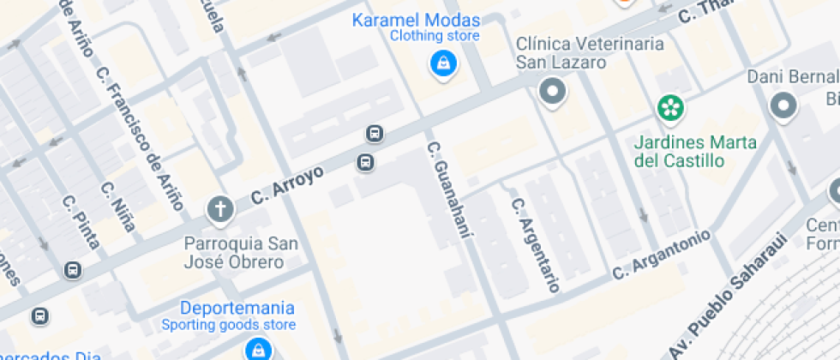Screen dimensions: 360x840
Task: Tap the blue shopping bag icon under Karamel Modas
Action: pyautogui.click(x=442, y=63)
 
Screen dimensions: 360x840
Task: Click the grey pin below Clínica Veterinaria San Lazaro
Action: pyautogui.click(x=552, y=92)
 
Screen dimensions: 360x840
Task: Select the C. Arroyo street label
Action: pyautogui.click(x=288, y=185)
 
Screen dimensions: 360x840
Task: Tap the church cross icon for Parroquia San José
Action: pyautogui.click(x=219, y=208)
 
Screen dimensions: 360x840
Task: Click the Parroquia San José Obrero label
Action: pyautogui.click(x=241, y=253)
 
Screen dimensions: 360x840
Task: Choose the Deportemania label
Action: pyautogui.click(x=237, y=308)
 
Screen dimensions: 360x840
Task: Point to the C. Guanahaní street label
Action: pyautogui.click(x=450, y=189)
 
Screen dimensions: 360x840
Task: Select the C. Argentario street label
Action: pyautogui.click(x=535, y=244)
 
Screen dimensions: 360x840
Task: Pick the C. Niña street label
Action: pyautogui.click(x=117, y=207)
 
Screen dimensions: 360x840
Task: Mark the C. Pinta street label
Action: pyautogui.click(x=81, y=222)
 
